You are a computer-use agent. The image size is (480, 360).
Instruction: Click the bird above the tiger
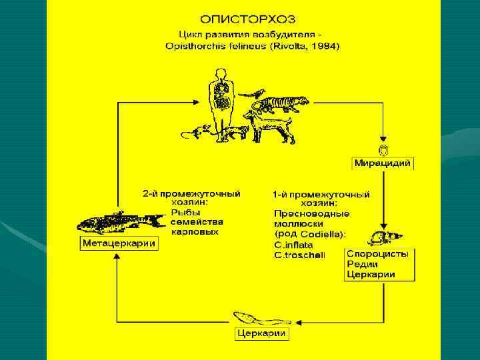(253, 93)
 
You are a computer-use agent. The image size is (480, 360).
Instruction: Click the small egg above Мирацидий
(383, 150)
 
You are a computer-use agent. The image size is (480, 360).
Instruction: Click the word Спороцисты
(378, 254)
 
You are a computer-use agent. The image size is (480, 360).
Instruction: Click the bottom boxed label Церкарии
(262, 333)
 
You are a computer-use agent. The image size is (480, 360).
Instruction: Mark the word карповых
(194, 231)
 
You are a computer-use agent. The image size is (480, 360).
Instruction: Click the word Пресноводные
(311, 213)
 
